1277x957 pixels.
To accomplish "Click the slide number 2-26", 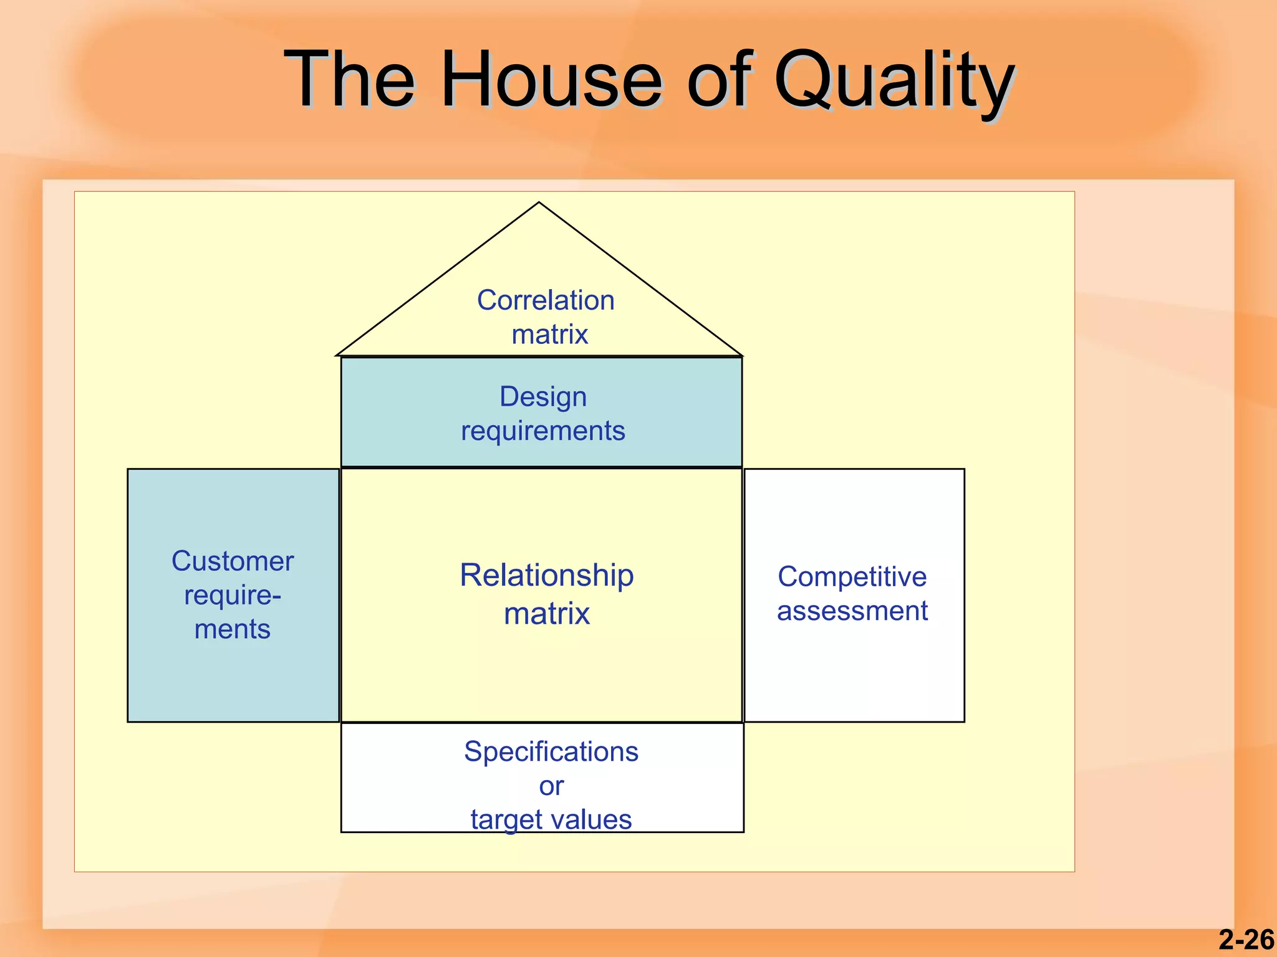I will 1246,940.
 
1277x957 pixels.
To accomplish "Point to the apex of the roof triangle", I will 539,203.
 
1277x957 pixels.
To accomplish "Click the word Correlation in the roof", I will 546,300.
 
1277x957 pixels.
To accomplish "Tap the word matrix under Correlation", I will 549,335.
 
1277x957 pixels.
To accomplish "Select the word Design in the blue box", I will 543,397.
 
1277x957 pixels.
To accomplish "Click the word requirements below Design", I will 542,431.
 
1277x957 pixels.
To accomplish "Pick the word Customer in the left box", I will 233,561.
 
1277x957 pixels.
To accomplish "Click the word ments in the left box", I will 233,629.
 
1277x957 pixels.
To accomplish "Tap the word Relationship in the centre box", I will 546,575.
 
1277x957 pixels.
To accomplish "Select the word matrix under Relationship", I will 546,614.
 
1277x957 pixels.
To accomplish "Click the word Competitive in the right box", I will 852,577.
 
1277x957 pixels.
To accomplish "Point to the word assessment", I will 852,611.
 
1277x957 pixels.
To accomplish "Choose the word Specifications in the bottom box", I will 551,752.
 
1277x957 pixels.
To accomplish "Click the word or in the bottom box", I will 551,786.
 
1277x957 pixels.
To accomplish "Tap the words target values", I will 551,820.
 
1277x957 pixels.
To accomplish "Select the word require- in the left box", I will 233,596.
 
